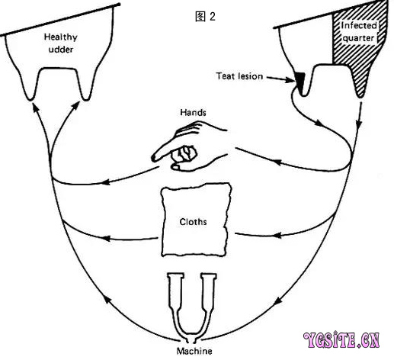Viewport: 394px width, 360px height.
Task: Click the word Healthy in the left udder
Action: pyautogui.click(x=61, y=37)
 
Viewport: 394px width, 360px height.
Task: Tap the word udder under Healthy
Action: pyautogui.click(x=61, y=50)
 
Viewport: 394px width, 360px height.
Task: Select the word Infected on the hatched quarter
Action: pyautogui.click(x=359, y=25)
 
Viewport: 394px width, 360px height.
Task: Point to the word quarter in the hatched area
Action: pyautogui.click(x=358, y=38)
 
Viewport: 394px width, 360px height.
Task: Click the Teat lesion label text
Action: pyautogui.click(x=239, y=76)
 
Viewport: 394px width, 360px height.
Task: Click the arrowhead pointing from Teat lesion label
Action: pyautogui.click(x=291, y=80)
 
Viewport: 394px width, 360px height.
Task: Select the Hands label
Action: pyautogui.click(x=193, y=112)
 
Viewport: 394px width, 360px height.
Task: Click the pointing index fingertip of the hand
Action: pyautogui.click(x=153, y=158)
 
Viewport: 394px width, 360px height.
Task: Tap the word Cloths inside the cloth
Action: pyautogui.click(x=193, y=222)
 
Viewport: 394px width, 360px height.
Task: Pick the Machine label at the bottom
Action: pyautogui.click(x=194, y=351)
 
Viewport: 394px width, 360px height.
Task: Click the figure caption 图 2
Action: pyautogui.click(x=205, y=17)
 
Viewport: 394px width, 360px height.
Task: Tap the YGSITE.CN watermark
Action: pyautogui.click(x=341, y=340)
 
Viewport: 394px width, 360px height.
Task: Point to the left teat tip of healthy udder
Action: pyautogui.click(x=30, y=99)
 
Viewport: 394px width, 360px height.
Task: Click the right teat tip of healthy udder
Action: pyautogui.click(x=86, y=99)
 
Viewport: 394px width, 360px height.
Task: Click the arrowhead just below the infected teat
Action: pyautogui.click(x=358, y=125)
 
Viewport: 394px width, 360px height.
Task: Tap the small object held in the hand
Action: pyautogui.click(x=184, y=153)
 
